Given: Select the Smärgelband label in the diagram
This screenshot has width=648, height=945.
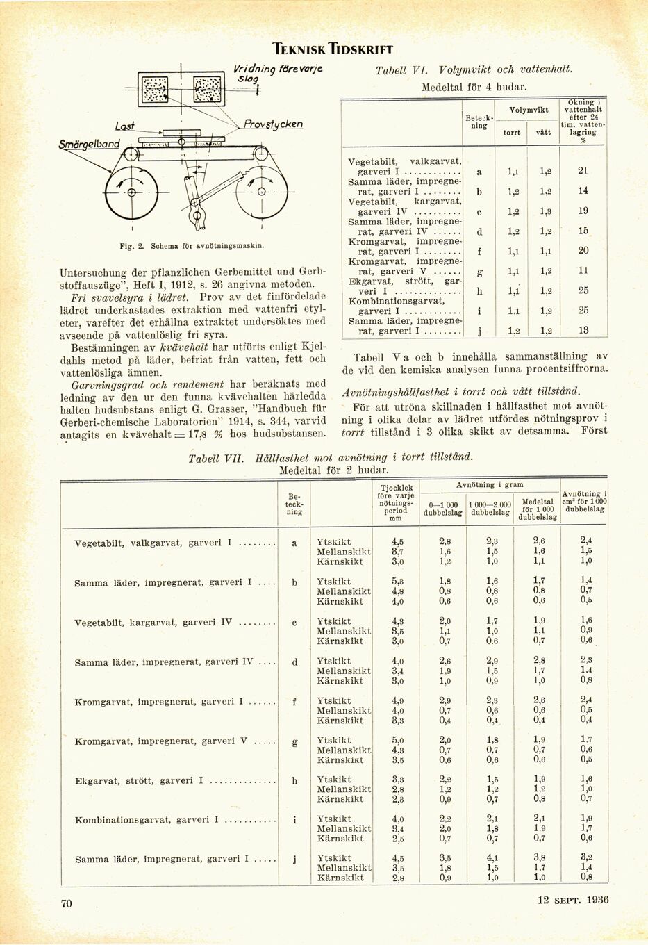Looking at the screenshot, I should pyautogui.click(x=89, y=145).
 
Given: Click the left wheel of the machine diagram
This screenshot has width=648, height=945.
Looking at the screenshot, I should pyautogui.click(x=131, y=192).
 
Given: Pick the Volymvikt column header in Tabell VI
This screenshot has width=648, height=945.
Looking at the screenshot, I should pyautogui.click(x=529, y=110).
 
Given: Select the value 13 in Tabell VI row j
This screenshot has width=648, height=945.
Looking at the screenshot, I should pyautogui.click(x=583, y=331).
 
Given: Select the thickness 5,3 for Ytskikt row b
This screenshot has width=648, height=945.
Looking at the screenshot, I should pyautogui.click(x=397, y=581).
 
